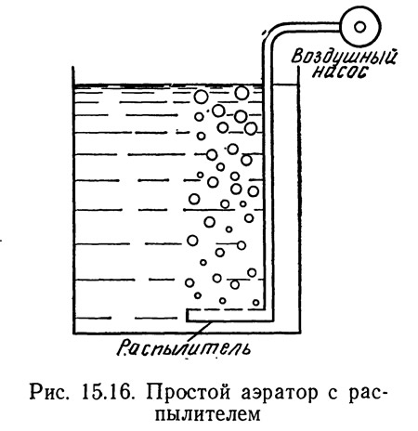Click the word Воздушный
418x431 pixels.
pyautogui.click(x=344, y=58)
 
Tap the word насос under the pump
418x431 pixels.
pyautogui.click(x=340, y=72)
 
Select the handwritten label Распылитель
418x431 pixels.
pyautogui.click(x=184, y=347)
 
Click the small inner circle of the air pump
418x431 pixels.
pyautogui.click(x=359, y=27)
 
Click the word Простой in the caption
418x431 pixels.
pyautogui.click(x=189, y=393)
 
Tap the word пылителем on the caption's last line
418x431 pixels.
pyautogui.click(x=208, y=415)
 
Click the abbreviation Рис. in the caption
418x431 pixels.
pyautogui.click(x=49, y=393)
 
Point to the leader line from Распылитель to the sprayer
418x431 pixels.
pyautogui.click(x=202, y=330)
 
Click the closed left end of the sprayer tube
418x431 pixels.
pyautogui.click(x=188, y=315)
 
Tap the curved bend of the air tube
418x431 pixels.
pyautogui.click(x=270, y=31)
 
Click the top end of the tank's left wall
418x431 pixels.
pyautogui.click(x=73, y=67)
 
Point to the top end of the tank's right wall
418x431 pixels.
pyautogui.click(x=298, y=67)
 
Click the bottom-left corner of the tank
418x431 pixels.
pyautogui.click(x=73, y=333)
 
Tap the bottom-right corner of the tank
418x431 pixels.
pyautogui.click(x=298, y=333)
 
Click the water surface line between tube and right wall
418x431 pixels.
pyautogui.click(x=285, y=85)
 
